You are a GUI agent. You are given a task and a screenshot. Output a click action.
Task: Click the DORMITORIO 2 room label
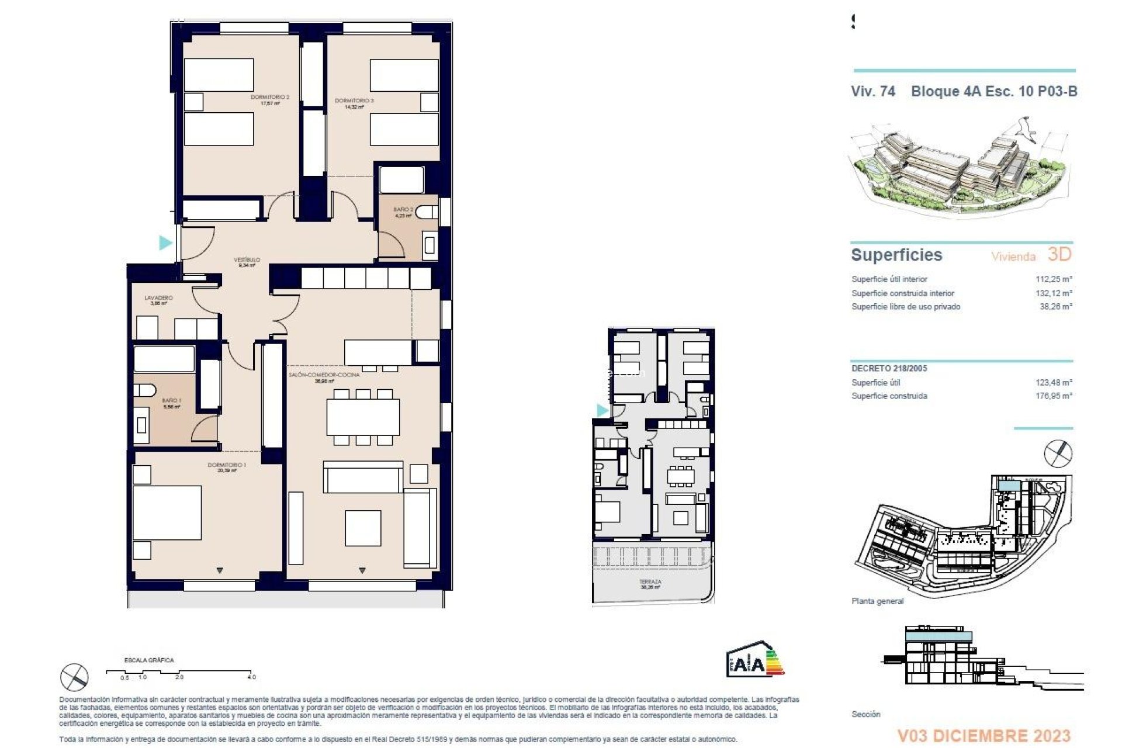[270, 98]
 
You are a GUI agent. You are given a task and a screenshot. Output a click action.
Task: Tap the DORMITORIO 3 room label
[354, 101]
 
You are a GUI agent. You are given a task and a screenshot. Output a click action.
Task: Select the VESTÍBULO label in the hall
[247, 260]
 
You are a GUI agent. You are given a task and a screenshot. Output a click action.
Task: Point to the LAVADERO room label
[158, 298]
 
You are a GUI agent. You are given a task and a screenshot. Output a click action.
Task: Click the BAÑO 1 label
[172, 401]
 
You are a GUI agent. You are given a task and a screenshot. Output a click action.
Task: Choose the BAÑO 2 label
[403, 210]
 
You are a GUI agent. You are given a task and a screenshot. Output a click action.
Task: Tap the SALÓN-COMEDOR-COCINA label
[324, 375]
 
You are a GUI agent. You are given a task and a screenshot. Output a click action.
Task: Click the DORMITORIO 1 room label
[227, 466]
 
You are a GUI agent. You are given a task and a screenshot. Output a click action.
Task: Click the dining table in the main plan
[363, 417]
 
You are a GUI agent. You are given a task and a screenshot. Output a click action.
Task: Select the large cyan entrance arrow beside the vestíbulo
[166, 242]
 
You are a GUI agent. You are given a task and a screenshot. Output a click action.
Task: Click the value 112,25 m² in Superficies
[1054, 279]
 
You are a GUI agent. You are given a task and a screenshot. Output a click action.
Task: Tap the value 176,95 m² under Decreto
[1054, 396]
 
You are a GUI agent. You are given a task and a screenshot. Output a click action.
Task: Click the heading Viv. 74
[872, 91]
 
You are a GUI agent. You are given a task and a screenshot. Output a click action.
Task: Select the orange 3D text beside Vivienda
[1059, 254]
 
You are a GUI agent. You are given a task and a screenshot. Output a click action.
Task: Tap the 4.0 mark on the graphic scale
[251, 677]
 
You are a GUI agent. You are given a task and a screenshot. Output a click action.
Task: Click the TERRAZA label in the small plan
[650, 582]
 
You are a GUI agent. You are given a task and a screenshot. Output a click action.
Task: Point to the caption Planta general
[877, 601]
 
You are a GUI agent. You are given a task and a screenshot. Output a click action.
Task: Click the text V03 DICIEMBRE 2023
[984, 736]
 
